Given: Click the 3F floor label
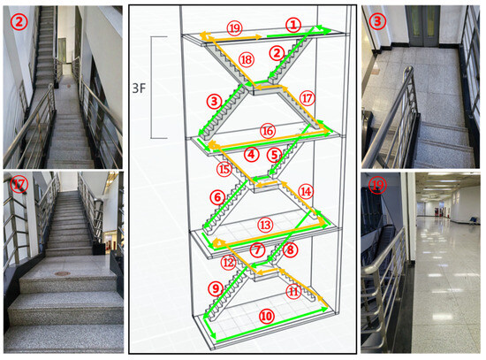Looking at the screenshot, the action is coord(139,88).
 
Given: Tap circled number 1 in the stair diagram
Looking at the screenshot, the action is coord(293,25).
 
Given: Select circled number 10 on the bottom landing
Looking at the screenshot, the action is coord(266,317).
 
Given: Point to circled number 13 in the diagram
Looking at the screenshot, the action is coord(265,225).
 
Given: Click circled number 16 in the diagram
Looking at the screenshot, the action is coord(268,131).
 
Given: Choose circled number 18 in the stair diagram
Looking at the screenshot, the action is coord(247,59).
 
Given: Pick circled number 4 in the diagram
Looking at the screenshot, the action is coord(251,154).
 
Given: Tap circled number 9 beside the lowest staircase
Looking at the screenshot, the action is coord(216,288).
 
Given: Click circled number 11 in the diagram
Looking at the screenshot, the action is coord(293,291).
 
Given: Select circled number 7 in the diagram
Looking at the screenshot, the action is coord(257,249).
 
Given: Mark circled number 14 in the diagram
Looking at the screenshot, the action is coord(306,191).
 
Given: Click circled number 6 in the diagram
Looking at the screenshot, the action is coord(217,197).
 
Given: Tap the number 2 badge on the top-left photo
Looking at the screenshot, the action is coord(19,22).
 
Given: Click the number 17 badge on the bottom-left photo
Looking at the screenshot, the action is coord(19,185).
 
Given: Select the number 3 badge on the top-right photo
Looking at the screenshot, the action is coord(377,21).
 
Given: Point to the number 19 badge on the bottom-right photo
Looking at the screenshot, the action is coord(377,185).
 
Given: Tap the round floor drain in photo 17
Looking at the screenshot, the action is coord(63,273).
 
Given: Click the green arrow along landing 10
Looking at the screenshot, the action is coord(272,325).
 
